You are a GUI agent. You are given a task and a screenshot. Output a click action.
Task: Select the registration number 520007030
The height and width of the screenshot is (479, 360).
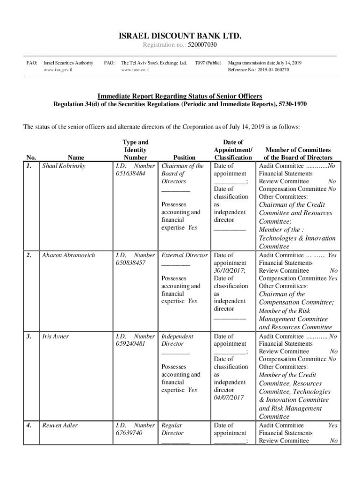[202, 45]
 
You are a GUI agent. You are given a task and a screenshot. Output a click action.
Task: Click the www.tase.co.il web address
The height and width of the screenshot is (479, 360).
[135, 70]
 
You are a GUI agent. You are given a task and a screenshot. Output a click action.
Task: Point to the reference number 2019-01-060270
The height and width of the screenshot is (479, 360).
[271, 70]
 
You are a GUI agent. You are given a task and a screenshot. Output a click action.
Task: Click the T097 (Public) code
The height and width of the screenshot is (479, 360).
[208, 63]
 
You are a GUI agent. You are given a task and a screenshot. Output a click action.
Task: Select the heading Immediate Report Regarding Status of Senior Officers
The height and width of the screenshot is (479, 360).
[180, 96]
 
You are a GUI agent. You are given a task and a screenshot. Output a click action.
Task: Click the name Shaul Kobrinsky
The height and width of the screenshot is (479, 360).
[64, 166]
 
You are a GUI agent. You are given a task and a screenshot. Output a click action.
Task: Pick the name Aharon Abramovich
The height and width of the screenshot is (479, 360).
[68, 255]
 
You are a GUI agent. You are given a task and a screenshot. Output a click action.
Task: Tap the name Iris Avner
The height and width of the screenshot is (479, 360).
[55, 336]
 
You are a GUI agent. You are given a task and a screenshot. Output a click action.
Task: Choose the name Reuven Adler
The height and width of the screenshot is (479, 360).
[60, 425]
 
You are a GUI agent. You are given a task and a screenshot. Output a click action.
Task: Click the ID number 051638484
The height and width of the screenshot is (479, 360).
[130, 174]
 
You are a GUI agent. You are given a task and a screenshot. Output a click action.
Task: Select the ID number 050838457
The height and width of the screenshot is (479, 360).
[130, 263]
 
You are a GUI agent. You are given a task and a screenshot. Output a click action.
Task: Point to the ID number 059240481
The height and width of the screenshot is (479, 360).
[130, 344]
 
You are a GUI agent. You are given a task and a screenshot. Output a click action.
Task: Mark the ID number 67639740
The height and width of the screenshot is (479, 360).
[128, 433]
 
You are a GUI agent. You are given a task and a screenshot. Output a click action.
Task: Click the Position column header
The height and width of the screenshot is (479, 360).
[184, 158]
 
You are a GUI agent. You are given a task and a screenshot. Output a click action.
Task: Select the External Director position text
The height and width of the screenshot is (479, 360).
[184, 255]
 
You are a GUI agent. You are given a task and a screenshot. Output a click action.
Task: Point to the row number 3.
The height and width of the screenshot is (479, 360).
[29, 336]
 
